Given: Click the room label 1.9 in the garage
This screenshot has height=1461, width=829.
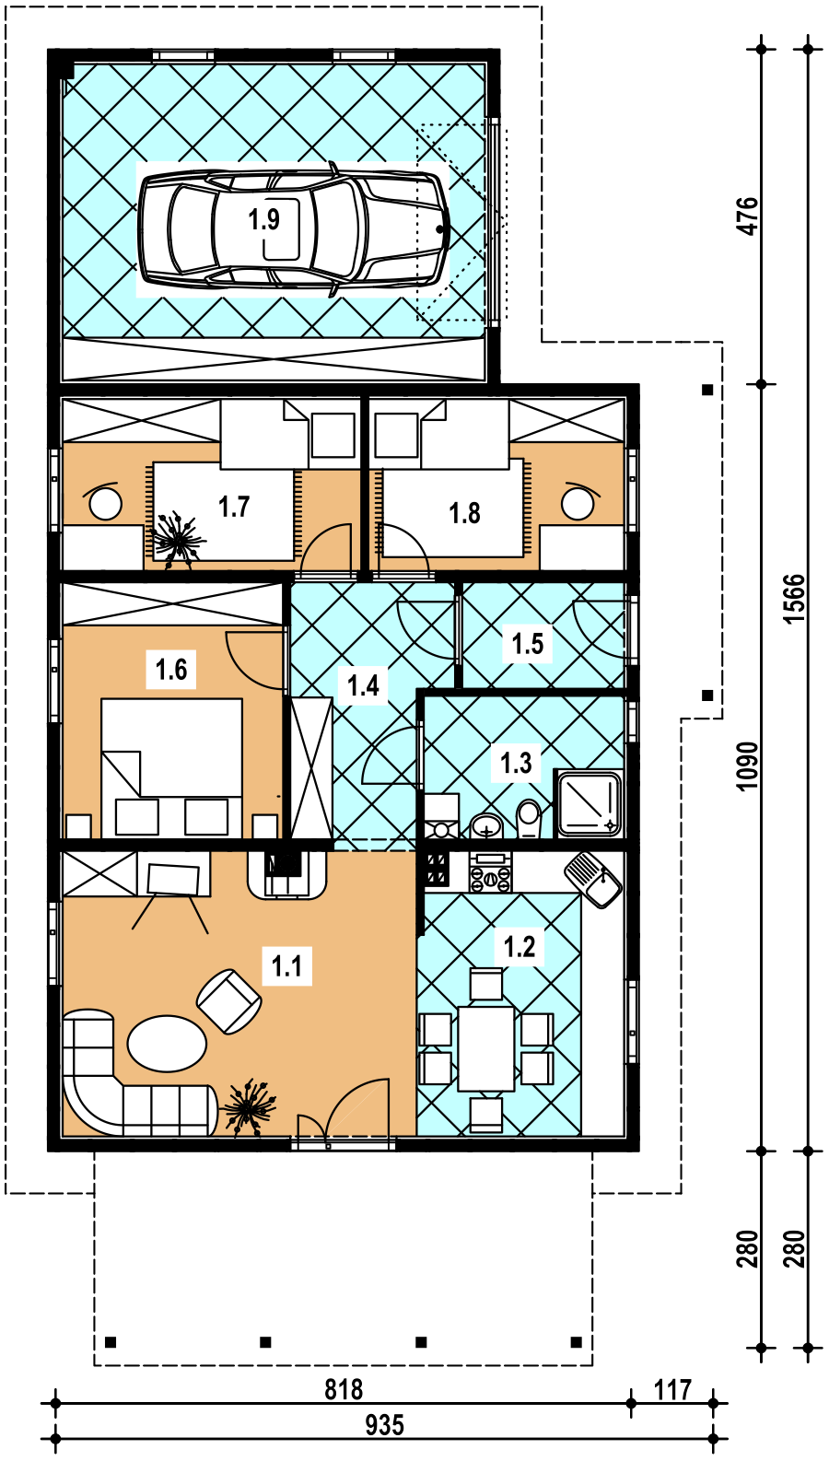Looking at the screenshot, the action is tap(264, 220).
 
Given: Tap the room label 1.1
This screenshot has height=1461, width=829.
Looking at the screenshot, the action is tap(287, 966).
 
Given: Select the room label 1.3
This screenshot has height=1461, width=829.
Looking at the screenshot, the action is tap(516, 763).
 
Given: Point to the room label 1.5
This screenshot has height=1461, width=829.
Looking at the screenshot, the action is tap(528, 644).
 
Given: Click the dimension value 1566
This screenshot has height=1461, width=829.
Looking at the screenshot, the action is tap(794, 599).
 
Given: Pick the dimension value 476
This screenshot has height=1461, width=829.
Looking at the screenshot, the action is tap(748, 216).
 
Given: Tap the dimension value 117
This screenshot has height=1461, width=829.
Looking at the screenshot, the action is tap(672, 1390).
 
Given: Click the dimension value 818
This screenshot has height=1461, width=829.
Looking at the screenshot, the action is tap(344, 1390).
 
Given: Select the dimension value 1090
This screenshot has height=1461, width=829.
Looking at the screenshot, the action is tap(748, 766).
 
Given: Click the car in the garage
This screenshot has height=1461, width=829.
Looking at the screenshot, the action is tap(294, 229).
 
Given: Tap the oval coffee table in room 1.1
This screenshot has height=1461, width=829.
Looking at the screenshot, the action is tap(167, 1044).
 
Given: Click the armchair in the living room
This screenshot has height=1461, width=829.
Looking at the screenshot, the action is tap(229, 1001).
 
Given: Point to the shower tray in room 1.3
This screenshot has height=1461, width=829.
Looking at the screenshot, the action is tap(588, 803).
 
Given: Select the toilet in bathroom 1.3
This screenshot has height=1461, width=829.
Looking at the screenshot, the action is tap(529, 820).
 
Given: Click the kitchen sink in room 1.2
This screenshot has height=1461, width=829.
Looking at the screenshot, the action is tap(593, 879).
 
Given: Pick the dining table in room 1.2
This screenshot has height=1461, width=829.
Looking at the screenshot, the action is tap(486, 1048).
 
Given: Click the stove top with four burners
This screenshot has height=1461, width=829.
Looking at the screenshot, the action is tap(490, 873).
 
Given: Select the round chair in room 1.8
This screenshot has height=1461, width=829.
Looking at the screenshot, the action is tap(578, 503).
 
